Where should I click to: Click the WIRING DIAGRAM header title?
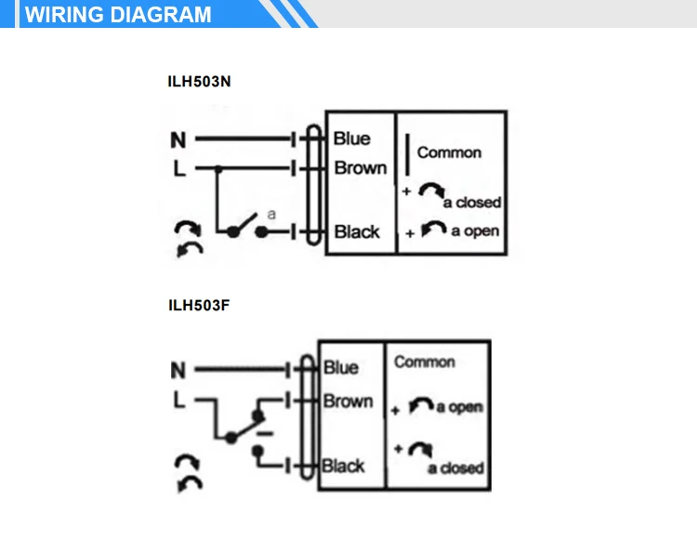click(x=118, y=15)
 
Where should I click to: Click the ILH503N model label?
click(x=199, y=81)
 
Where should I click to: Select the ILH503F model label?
click(x=198, y=304)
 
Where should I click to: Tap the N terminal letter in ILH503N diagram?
click(x=178, y=140)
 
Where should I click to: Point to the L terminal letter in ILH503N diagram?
click(x=178, y=169)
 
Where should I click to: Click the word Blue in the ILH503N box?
click(x=351, y=138)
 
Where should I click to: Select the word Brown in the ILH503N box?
click(x=361, y=168)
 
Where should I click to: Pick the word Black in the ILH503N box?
click(x=357, y=231)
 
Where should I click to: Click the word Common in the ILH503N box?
click(x=449, y=152)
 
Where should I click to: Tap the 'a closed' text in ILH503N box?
click(x=472, y=202)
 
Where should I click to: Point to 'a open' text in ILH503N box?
click(x=475, y=230)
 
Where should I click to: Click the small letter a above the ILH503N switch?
click(x=271, y=214)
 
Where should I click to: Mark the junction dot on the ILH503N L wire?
click(x=217, y=169)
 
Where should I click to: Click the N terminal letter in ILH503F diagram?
click(x=178, y=371)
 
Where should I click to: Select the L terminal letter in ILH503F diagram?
click(x=178, y=401)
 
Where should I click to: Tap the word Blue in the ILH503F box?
click(x=341, y=368)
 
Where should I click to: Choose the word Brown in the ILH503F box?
click(x=348, y=401)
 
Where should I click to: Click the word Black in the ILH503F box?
click(x=343, y=465)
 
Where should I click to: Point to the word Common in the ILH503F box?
click(x=425, y=361)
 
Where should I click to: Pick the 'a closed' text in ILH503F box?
click(x=455, y=468)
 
